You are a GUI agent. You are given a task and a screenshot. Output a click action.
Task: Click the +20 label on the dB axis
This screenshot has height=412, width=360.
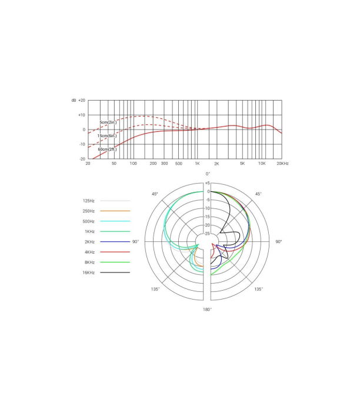[82, 101]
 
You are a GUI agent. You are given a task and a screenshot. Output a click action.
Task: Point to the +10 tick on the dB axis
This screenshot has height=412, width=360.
[82, 115]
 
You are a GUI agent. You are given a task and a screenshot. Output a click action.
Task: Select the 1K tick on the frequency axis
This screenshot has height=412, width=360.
[197, 163]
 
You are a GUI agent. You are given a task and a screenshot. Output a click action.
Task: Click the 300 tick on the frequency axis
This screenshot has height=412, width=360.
[164, 163]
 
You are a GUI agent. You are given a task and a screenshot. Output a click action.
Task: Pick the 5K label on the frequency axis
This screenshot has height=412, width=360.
[242, 163]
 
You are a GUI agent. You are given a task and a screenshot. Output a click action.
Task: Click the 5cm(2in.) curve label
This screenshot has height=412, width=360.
[108, 122]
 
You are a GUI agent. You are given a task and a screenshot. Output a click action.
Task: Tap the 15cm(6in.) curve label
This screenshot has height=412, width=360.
[106, 136]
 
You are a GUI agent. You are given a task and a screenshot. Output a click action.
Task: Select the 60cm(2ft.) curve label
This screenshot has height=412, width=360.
[107, 149]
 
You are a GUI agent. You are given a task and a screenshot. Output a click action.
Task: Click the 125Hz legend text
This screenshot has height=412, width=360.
[89, 200]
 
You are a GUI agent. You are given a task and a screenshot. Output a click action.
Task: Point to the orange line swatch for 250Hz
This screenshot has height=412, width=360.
[115, 211]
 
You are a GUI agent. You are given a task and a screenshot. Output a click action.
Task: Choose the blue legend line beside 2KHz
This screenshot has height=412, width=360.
[115, 242]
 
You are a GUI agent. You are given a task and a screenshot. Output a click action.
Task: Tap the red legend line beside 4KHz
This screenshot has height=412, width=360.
[115, 252]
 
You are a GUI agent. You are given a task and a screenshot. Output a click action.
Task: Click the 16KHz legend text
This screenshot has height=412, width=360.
[89, 273]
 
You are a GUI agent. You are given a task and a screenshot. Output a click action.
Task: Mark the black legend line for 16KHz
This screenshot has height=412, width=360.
[115, 273]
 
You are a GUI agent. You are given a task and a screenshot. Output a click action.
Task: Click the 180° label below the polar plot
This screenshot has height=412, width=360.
[207, 309]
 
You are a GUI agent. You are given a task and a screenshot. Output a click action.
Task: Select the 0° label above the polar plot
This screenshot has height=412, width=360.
[208, 174]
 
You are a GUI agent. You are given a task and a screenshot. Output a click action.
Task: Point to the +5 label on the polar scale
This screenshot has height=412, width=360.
[207, 183]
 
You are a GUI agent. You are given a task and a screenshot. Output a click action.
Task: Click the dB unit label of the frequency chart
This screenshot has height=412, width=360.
[74, 101]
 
